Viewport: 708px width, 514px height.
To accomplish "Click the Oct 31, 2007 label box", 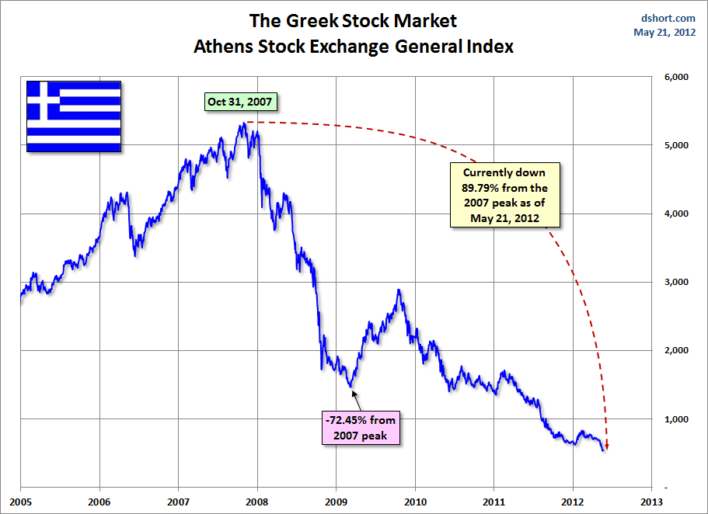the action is (x=240, y=102).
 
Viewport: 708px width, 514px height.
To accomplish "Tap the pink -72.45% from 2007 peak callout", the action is (x=361, y=427).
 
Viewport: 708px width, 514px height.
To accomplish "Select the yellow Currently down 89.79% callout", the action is (x=505, y=195).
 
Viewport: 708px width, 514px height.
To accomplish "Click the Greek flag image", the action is (x=74, y=116).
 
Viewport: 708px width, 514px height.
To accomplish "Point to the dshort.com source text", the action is (x=668, y=18).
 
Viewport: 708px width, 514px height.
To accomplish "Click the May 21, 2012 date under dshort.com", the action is (x=664, y=33).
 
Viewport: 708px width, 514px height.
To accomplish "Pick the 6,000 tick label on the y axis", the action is (x=676, y=77).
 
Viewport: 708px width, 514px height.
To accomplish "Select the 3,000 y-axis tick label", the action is (x=676, y=282).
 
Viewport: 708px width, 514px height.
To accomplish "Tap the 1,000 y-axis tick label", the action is (x=676, y=419).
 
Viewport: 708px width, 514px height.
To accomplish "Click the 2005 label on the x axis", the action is (x=21, y=502).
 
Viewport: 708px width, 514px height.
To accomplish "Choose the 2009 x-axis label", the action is (x=336, y=502).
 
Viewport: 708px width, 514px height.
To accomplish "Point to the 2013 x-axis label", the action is (x=651, y=502).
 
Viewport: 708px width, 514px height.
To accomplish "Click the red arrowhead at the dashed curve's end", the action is (x=607, y=446).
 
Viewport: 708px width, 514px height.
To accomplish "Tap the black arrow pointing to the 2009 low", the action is (x=357, y=401).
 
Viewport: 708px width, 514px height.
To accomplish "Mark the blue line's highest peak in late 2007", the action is (x=244, y=123).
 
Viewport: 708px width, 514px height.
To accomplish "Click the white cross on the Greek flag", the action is (x=44, y=100).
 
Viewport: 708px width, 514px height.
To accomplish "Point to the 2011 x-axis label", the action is (x=494, y=502).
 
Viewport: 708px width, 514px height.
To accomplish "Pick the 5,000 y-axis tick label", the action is (x=676, y=145).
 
